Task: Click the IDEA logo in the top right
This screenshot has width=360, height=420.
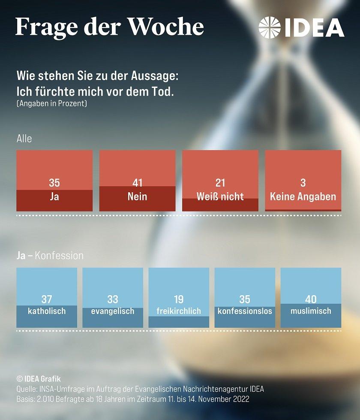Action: click(301, 27)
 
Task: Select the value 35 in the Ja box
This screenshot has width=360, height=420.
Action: click(54, 183)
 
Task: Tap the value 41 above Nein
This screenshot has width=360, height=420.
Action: click(137, 183)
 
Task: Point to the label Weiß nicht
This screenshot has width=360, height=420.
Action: click(220, 196)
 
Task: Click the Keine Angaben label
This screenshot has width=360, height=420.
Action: click(303, 196)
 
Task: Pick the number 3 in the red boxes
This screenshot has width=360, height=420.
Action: click(303, 183)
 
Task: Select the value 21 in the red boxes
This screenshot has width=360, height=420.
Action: click(220, 183)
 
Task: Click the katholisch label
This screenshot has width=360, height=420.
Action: click(47, 311)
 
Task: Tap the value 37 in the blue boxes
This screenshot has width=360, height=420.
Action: click(47, 299)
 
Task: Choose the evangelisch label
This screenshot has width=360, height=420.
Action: click(113, 311)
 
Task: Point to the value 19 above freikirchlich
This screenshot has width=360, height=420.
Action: click(179, 299)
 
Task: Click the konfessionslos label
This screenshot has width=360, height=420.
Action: click(245, 311)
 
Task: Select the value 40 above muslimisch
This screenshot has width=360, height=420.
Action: click(311, 299)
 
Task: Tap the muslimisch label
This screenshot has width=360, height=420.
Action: click(311, 311)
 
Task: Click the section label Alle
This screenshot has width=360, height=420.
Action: click(24, 139)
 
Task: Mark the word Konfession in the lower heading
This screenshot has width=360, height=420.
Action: click(59, 256)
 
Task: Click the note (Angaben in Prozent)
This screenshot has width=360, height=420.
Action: click(51, 104)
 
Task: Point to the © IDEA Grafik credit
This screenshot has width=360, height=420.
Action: click(39, 379)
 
